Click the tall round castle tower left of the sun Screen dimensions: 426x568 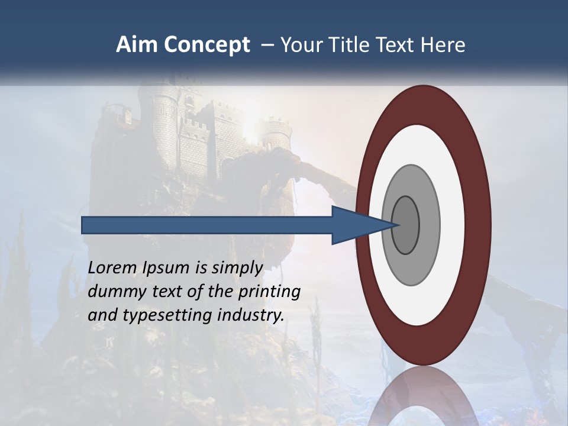tap(165, 127)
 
